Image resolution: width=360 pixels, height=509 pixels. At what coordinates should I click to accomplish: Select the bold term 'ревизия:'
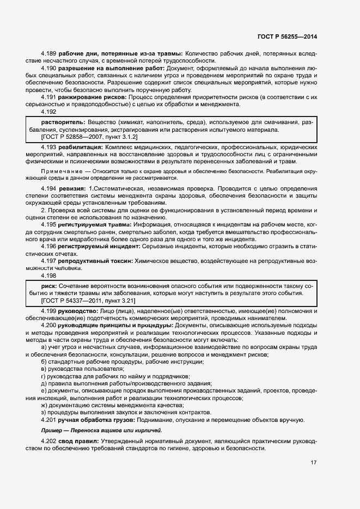tap(71, 188)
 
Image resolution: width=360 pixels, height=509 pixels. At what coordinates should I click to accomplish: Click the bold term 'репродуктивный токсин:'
tap(96, 260)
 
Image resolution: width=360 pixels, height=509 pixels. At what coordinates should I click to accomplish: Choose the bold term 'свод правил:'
tap(77, 440)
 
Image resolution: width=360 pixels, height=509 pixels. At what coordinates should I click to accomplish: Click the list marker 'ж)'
tap(45, 405)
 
